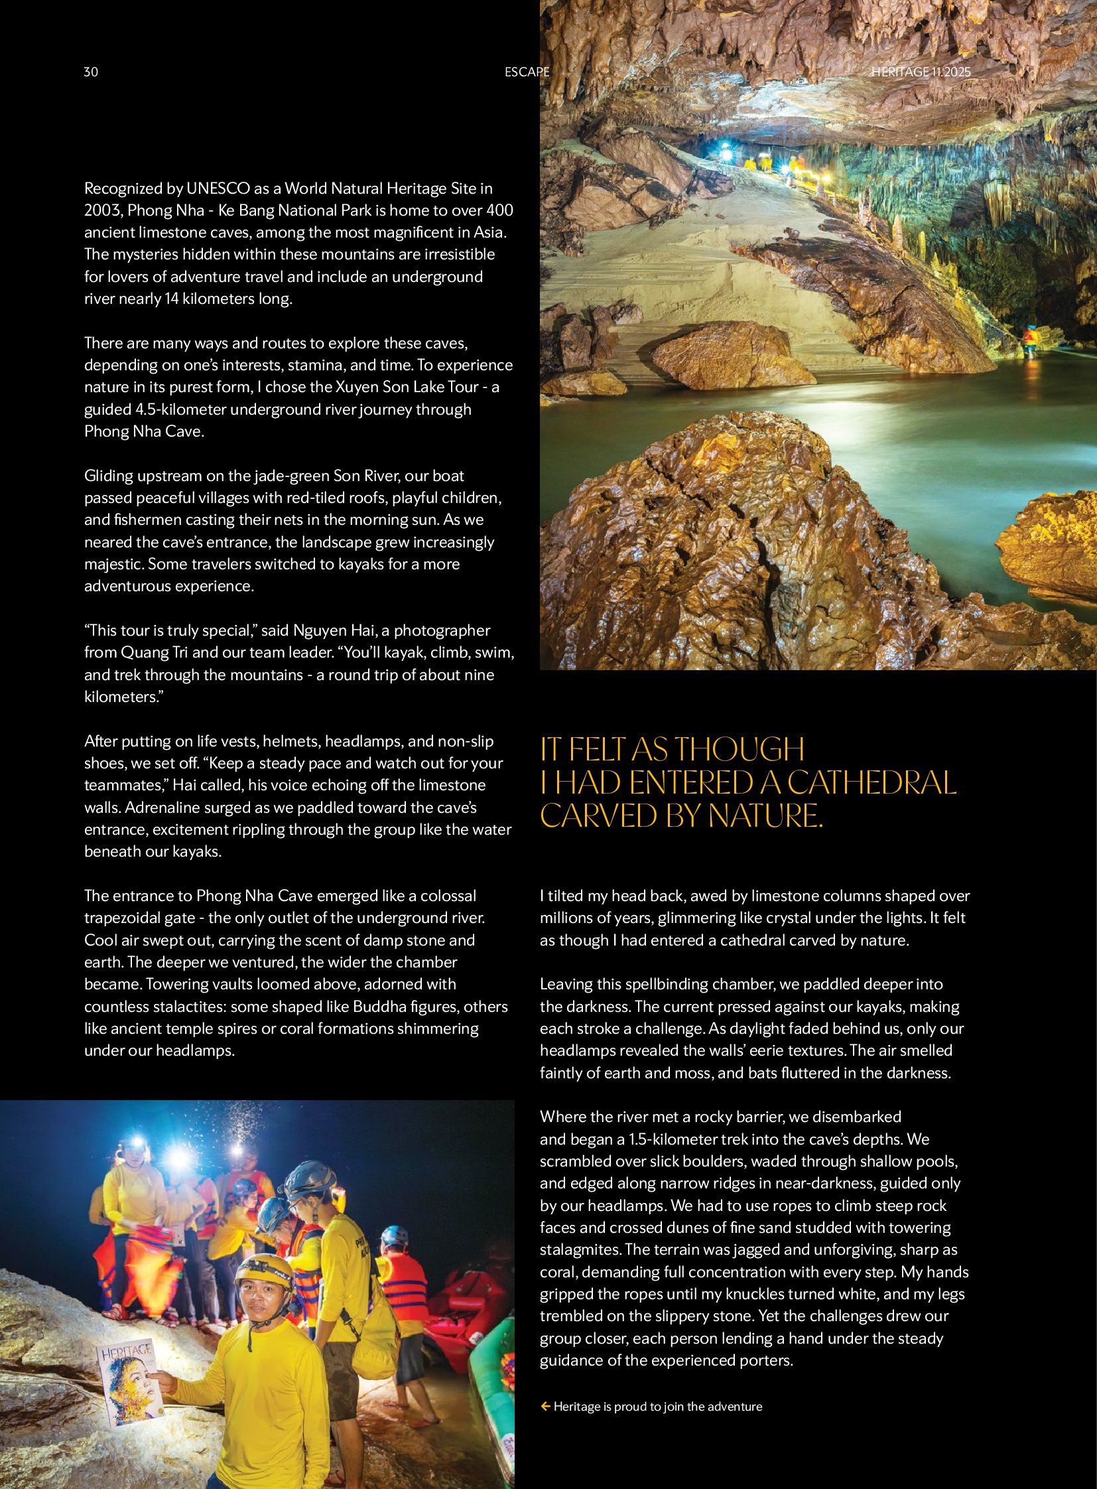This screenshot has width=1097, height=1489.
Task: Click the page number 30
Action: pyautogui.click(x=91, y=72)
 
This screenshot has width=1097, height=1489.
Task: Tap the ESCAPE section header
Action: pyautogui.click(x=527, y=72)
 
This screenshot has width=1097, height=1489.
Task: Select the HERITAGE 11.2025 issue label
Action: pyautogui.click(x=921, y=72)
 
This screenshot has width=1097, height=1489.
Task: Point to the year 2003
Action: pyautogui.click(x=103, y=210)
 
